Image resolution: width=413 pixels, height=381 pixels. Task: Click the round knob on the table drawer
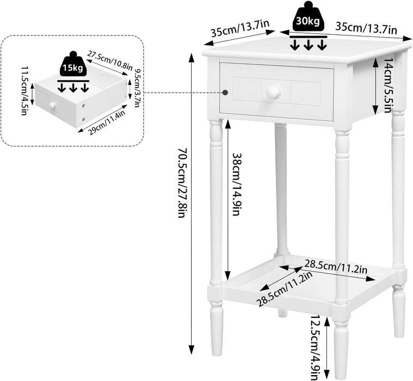tap(272, 93)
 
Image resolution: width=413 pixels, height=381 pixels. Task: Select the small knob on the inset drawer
tap(53, 105)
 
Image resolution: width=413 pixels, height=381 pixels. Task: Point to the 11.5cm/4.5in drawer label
tap(25, 90)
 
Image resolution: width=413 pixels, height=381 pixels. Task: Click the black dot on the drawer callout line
tap(223, 93)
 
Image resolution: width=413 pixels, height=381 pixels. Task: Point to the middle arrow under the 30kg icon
tap(308, 44)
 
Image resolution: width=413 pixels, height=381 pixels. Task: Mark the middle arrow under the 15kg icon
tap(72, 88)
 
